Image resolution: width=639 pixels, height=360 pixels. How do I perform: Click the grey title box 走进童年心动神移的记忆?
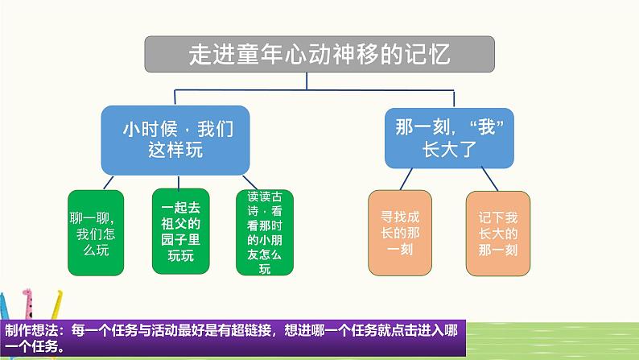point(319,55)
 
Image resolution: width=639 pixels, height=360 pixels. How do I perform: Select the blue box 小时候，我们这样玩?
point(173,138)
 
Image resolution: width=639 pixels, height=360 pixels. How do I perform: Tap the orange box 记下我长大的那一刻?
point(497,231)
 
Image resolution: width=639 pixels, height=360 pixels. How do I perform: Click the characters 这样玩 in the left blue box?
point(173,150)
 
